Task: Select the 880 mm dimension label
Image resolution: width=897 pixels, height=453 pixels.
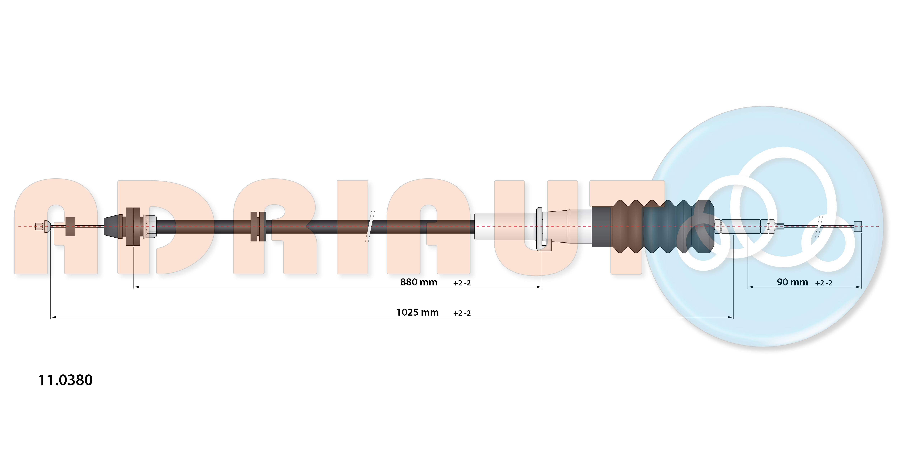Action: (419, 282)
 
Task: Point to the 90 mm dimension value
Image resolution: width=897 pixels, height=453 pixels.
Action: (792, 282)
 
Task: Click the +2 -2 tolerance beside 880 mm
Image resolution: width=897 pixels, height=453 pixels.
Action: (462, 283)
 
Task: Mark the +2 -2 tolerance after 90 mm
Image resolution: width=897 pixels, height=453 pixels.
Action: (823, 283)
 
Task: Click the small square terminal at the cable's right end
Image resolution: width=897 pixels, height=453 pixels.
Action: (858, 226)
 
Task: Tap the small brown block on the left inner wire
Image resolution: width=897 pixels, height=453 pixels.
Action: (70, 226)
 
